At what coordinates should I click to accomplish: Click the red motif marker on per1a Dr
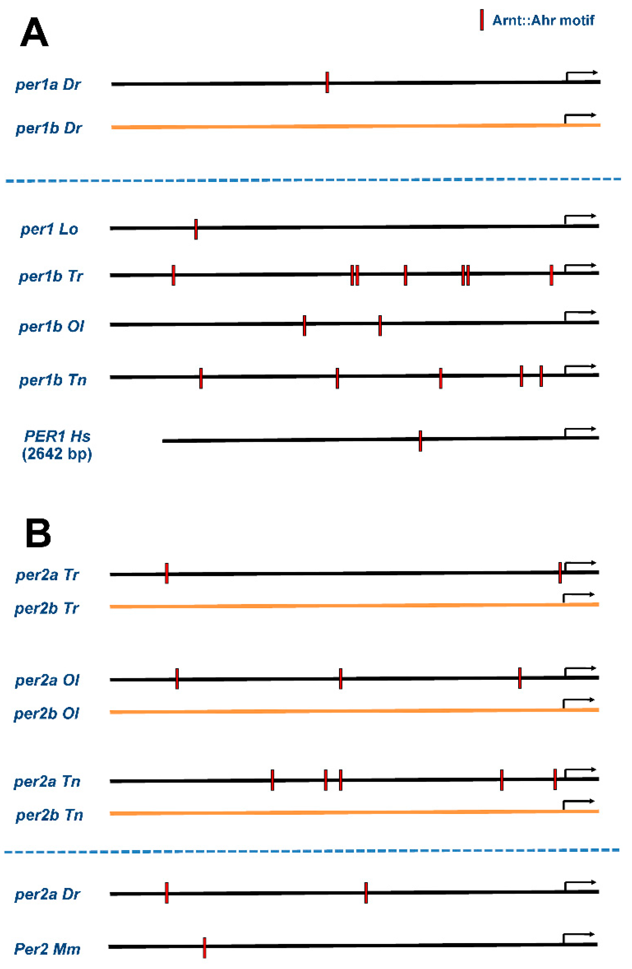[x=327, y=82]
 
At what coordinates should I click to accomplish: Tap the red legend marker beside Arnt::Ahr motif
[x=481, y=20]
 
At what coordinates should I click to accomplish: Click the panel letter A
[x=34, y=33]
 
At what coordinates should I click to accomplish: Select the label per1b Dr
[x=49, y=128]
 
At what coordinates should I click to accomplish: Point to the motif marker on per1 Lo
[x=196, y=229]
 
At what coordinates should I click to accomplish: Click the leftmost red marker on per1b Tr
[x=173, y=275]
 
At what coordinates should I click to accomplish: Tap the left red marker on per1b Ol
[x=304, y=325]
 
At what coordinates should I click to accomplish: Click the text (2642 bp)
[x=57, y=454]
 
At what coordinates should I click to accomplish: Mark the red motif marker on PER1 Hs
[x=420, y=441]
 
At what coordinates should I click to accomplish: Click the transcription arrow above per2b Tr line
[x=578, y=597]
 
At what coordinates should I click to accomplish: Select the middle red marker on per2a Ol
[x=341, y=679]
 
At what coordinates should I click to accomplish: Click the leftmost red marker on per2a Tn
[x=272, y=780]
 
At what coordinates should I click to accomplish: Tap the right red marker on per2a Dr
[x=366, y=893]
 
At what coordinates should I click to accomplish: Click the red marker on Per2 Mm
[x=204, y=948]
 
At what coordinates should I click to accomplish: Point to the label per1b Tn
[x=53, y=380]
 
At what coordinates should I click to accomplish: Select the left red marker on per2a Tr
[x=167, y=573]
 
